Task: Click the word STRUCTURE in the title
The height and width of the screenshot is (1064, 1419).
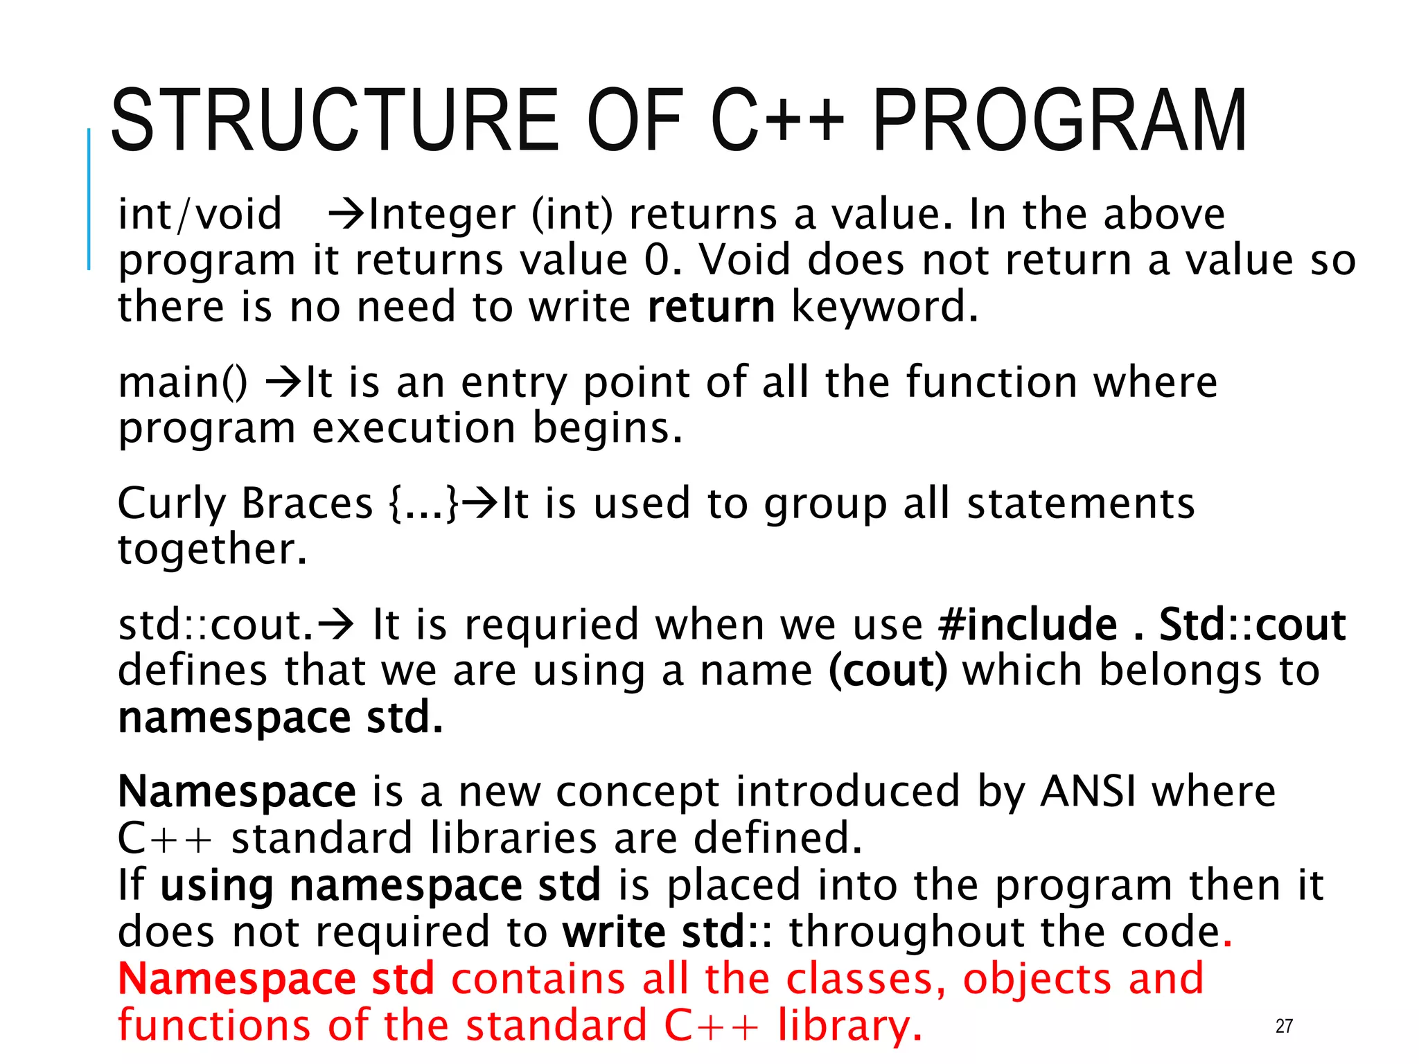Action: click(x=335, y=121)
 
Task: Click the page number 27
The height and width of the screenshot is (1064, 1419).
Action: click(x=1284, y=1026)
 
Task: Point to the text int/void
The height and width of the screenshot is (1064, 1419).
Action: click(x=200, y=214)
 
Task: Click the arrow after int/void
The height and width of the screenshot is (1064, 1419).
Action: click(x=346, y=214)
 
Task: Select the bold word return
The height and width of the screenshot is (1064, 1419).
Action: click(x=711, y=307)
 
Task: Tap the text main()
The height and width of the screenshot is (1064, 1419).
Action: click(x=182, y=382)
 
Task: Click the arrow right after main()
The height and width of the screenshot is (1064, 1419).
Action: click(x=283, y=382)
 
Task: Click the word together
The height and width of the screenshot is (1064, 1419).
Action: click(x=211, y=549)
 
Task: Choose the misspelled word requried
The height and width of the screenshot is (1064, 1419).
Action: click(x=552, y=625)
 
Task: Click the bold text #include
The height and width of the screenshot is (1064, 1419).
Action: click(x=1028, y=625)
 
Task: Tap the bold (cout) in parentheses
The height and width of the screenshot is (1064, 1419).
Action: click(x=888, y=671)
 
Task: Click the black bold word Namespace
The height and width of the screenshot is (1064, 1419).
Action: click(x=237, y=792)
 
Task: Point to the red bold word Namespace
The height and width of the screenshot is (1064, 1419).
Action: click(x=237, y=979)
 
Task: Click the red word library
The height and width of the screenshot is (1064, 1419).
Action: click(x=849, y=1026)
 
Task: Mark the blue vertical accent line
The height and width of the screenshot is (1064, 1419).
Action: click(x=89, y=199)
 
